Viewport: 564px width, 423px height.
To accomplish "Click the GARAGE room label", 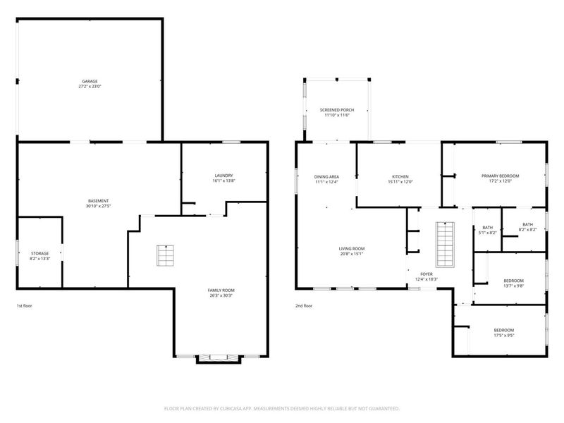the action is [90, 81].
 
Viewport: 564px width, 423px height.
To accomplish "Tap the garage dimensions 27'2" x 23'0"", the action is [90, 86].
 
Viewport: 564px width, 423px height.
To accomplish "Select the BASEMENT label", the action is [98, 201].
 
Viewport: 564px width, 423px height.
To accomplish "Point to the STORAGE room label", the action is [39, 254].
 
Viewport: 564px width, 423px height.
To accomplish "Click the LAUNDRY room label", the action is [223, 176].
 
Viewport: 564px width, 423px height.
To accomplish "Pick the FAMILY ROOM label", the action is [221, 290].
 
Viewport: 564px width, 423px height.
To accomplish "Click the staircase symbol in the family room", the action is [166, 255].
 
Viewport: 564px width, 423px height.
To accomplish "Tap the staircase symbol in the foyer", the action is [445, 245].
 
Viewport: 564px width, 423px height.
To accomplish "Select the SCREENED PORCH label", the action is [337, 110].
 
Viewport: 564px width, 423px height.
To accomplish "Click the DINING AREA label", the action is [326, 177].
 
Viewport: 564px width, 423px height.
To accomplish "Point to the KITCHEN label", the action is [400, 177].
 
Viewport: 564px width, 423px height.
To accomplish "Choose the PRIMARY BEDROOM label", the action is [501, 176].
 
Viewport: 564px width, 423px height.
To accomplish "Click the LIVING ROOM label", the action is [351, 249].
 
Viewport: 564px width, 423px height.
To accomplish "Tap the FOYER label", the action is [427, 274].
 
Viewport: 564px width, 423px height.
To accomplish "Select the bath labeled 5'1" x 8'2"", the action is [488, 231].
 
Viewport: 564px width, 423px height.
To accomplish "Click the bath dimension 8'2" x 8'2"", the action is [527, 230].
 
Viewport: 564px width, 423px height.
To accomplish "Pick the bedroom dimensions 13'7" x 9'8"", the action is [514, 286].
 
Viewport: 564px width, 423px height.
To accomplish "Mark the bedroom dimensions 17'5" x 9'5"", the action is [504, 336].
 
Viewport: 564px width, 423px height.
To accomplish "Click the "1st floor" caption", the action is [25, 306].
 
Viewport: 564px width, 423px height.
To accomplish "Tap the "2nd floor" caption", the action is [304, 306].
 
